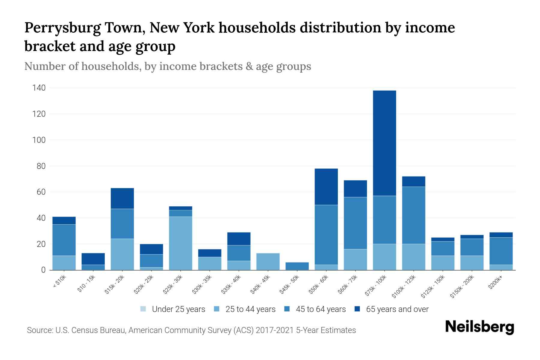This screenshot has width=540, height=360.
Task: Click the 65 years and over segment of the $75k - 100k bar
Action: [384, 143]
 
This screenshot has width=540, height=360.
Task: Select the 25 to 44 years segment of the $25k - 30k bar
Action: [181, 243]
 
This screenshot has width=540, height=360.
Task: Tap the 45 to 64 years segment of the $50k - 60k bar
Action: [326, 235]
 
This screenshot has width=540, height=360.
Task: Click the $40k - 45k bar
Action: [268, 262]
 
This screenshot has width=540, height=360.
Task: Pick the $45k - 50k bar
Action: [297, 266]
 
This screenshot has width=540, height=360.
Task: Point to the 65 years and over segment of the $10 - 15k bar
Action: [93, 259]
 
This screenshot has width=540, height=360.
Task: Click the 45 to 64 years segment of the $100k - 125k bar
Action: [413, 215]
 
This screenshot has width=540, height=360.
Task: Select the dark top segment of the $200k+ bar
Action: [501, 235]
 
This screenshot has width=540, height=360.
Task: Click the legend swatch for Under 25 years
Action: [143, 309]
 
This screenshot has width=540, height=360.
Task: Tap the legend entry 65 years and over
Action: [397, 309]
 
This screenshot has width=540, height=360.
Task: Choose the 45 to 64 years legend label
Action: [321, 309]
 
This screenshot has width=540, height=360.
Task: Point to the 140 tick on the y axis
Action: [39, 88]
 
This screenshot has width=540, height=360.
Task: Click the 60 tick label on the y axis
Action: [41, 192]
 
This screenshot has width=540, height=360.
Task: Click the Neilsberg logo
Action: [479, 327]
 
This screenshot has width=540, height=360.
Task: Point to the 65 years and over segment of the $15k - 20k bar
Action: [122, 198]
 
